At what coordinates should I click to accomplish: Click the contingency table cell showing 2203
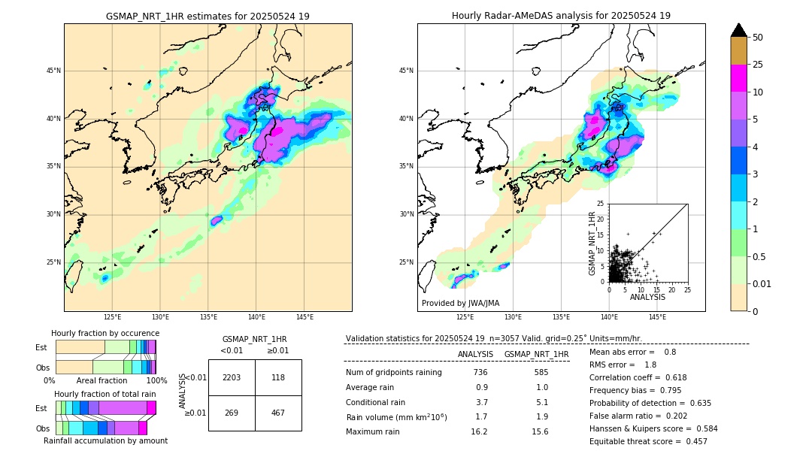click(232, 377)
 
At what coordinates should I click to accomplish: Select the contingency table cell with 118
click(278, 377)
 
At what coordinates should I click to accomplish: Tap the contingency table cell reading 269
click(232, 413)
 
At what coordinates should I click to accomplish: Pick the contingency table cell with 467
click(278, 413)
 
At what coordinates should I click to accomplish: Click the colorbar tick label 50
click(758, 38)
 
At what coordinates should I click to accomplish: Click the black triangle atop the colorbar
click(739, 30)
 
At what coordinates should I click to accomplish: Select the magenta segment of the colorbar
click(739, 78)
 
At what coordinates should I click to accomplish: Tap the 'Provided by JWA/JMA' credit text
click(460, 304)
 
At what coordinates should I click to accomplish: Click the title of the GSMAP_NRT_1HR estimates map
click(208, 16)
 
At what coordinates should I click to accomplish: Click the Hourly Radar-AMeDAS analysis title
click(561, 16)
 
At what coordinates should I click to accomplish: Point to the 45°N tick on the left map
click(53, 71)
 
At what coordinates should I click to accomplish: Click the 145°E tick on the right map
click(657, 317)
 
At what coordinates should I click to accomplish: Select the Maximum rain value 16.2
click(480, 431)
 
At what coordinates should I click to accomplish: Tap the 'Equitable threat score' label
click(636, 441)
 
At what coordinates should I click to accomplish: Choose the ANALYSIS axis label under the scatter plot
click(647, 297)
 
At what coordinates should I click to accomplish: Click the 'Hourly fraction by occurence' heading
click(105, 333)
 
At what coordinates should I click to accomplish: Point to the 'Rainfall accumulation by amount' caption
click(105, 440)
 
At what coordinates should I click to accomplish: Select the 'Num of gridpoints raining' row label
click(394, 372)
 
